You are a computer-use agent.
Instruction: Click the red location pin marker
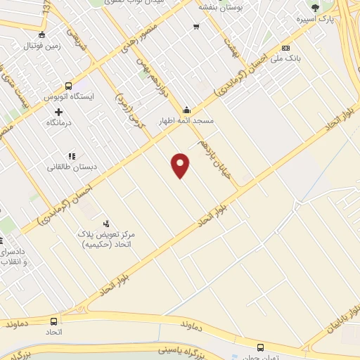181,165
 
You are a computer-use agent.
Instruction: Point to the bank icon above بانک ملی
285,48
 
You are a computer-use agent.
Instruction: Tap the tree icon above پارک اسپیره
314,8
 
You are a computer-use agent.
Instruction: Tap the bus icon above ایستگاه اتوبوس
69,84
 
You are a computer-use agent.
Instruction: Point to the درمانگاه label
58,122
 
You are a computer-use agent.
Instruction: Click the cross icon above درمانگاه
58,111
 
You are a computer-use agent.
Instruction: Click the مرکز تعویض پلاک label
108,236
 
